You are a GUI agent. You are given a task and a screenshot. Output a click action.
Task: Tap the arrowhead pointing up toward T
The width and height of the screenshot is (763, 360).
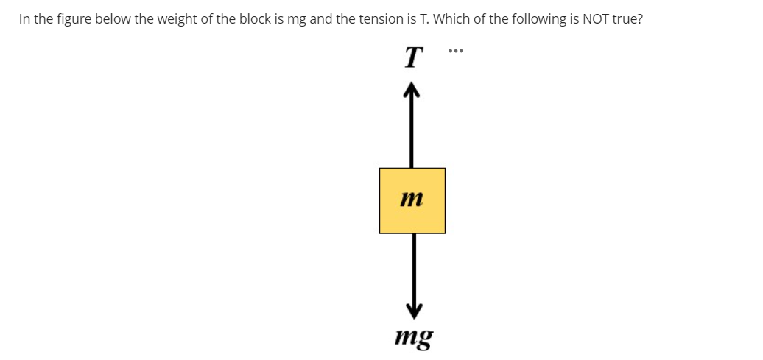pos(412,91)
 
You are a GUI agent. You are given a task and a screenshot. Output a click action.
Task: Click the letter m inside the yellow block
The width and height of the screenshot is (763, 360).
pos(412,199)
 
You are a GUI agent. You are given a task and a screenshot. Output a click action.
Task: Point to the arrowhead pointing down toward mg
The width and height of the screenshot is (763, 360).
pos(413,306)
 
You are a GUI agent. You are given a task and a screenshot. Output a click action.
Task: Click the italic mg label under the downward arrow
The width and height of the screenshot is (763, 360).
pos(414,337)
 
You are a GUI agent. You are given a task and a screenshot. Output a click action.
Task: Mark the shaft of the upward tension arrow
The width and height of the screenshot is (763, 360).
pos(412,133)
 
